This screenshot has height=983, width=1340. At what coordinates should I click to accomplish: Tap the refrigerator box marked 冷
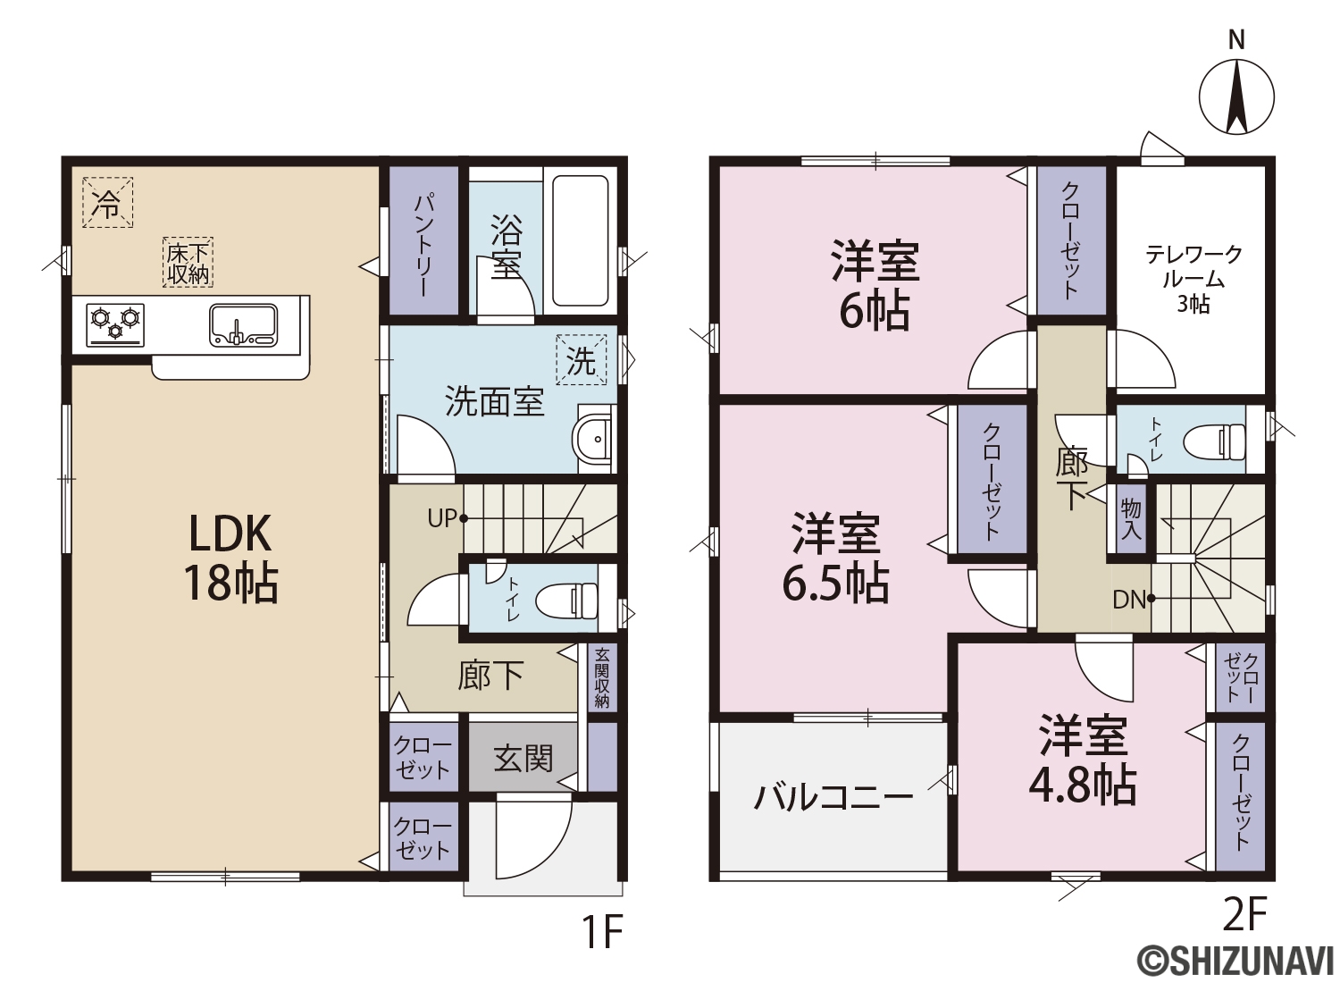[x=108, y=202]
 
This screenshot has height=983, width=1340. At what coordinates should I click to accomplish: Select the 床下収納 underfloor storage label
[x=188, y=263]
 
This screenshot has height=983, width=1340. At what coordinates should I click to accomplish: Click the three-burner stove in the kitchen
[x=115, y=325]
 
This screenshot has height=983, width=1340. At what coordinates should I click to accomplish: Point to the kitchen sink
[x=244, y=325]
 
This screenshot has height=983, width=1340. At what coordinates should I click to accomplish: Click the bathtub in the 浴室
[x=580, y=240]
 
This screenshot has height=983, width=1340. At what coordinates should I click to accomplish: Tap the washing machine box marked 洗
[x=581, y=359]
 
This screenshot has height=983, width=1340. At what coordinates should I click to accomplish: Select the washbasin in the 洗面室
[x=593, y=439]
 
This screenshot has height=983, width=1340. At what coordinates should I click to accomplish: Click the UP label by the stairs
[x=443, y=518]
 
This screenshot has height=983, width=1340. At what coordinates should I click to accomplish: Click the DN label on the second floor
[x=1129, y=600]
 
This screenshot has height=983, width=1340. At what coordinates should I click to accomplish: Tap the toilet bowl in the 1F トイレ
[x=567, y=601]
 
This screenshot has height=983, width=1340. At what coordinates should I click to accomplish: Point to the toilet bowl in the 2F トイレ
[x=1214, y=441]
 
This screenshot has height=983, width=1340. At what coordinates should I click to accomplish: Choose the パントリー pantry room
[x=424, y=239]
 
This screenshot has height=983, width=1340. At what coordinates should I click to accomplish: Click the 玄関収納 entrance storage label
[x=602, y=676]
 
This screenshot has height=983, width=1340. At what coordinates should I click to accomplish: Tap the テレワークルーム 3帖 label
[x=1193, y=280]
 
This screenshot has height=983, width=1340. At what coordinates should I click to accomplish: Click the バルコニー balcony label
[x=833, y=798]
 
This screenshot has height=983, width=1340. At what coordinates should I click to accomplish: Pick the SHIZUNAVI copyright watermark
[x=1237, y=961]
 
